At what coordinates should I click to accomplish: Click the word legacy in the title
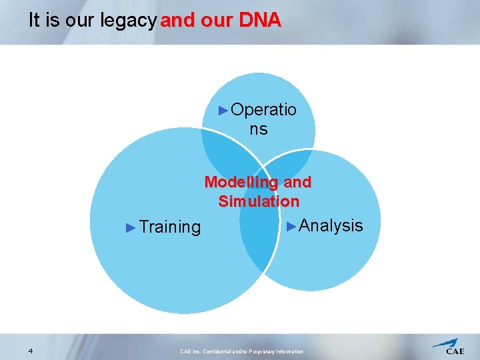tap(129, 21)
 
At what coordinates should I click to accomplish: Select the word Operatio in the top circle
tap(263, 110)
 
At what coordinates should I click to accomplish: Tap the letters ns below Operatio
tap(259, 129)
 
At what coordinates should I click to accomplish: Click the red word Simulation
tap(259, 201)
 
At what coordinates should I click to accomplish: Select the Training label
tap(170, 227)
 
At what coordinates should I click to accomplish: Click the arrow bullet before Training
tap(131, 227)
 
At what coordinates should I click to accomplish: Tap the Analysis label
tap(331, 226)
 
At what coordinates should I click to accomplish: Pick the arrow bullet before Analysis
tap(291, 226)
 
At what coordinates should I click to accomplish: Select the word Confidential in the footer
tap(221, 351)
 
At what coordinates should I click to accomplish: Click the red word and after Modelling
tap(297, 182)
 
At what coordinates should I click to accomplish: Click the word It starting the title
tap(35, 21)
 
